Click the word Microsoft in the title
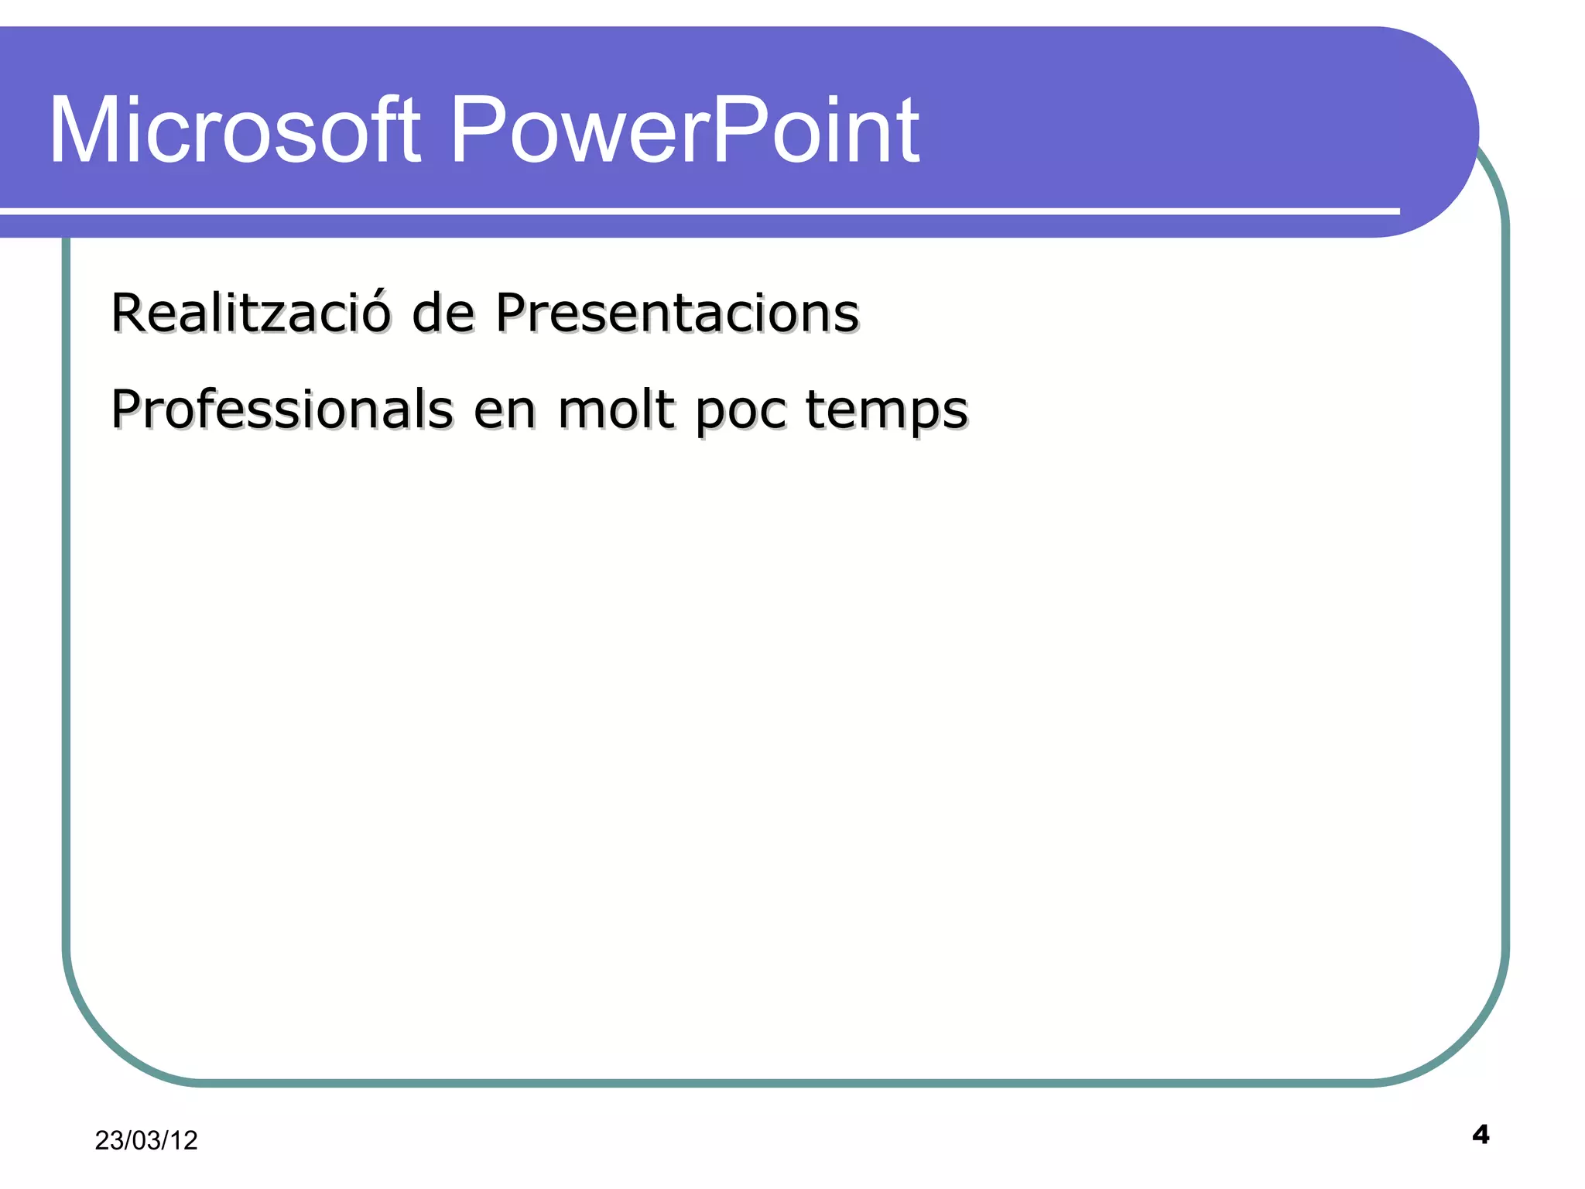(234, 130)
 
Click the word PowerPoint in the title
(684, 130)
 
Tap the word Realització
(250, 313)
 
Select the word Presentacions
(677, 313)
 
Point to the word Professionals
(282, 409)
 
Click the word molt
(615, 409)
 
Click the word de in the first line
(443, 313)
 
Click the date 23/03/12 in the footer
(146, 1140)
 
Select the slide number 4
(1481, 1135)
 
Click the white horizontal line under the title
(697, 211)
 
